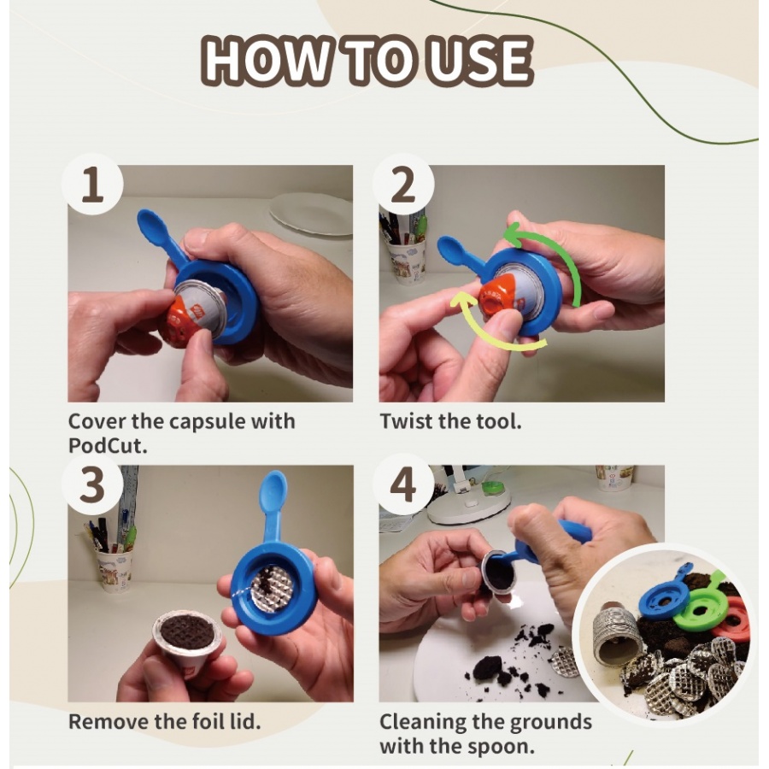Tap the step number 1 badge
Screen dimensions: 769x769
(x=92, y=185)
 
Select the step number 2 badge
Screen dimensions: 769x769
(x=403, y=185)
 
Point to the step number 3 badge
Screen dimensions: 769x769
(x=92, y=484)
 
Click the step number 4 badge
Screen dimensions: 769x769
(x=403, y=484)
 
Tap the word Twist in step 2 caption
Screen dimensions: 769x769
(x=402, y=421)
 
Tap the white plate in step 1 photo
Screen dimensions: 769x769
(x=311, y=214)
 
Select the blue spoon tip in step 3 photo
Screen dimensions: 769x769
(x=273, y=490)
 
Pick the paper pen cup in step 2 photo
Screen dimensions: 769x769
(x=405, y=260)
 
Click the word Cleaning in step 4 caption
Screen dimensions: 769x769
(x=423, y=722)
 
